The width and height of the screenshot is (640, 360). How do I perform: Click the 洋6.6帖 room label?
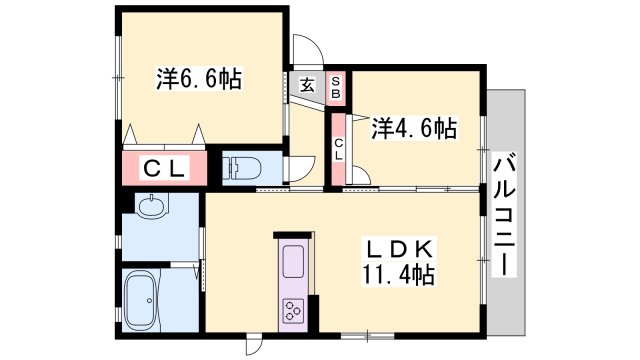tap(198, 79)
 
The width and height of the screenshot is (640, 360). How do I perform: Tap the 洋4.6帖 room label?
tap(414, 128)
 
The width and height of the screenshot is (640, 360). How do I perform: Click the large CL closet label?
tap(165, 168)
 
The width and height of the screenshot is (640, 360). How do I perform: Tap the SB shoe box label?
tap(337, 87)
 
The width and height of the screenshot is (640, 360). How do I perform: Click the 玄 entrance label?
tap(306, 86)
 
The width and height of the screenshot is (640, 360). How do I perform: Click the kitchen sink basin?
tap(296, 261)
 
